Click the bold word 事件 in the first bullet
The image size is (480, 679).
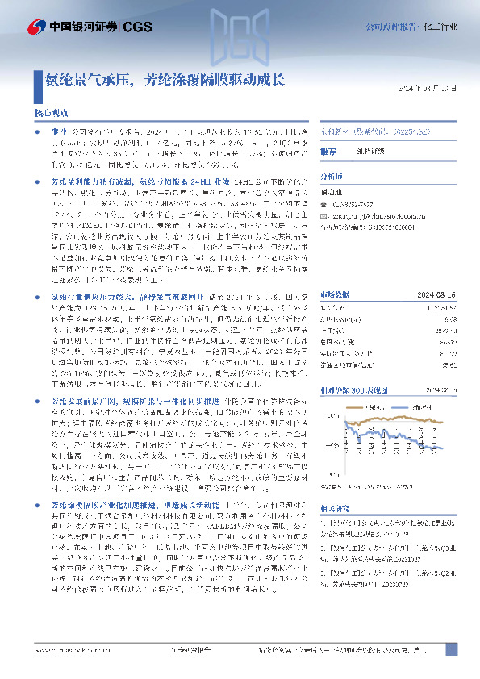point(60,131)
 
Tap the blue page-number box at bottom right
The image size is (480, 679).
point(452,649)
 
